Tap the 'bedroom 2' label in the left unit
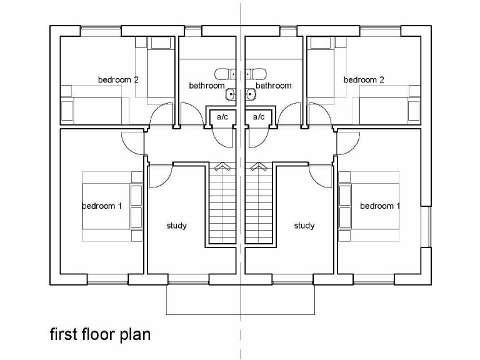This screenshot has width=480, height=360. pos(118,80)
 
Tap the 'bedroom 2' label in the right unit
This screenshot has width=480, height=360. pos(364,80)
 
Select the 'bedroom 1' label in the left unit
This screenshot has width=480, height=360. pos(102,206)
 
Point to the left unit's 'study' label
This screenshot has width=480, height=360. pos(176,226)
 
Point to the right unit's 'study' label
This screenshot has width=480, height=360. pos(304,226)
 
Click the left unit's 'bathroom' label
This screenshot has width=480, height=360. pos(207,86)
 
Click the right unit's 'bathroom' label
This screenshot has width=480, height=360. pos(274,86)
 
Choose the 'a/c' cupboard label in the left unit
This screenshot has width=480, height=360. pos(222,117)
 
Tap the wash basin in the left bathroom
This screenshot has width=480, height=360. pos(230,95)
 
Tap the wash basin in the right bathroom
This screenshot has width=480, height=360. pos(251,95)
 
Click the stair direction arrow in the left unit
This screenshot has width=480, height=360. pos(221,167)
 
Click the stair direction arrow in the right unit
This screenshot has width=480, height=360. pos(259,167)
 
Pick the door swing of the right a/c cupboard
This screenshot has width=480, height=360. pos(257,139)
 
